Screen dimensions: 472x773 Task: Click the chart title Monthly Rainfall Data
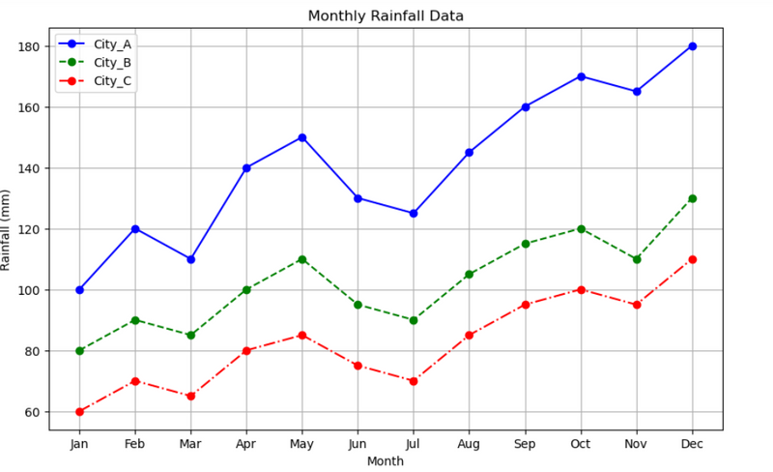tap(386, 16)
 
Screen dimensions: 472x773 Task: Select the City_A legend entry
tap(110, 44)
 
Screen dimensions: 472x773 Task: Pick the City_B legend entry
tap(110, 63)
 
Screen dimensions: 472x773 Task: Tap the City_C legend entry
tap(110, 81)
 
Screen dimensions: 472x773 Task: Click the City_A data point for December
tap(692, 46)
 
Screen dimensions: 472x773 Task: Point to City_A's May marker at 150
tap(302, 137)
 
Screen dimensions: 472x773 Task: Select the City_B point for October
tap(581, 229)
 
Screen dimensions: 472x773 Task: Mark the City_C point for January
tap(79, 412)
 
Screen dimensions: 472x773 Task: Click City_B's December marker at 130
tap(692, 198)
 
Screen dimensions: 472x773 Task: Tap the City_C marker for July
tap(414, 381)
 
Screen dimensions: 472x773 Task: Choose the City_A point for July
tap(414, 214)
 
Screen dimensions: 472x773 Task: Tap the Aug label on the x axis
tap(470, 443)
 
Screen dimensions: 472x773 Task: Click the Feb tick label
tap(135, 443)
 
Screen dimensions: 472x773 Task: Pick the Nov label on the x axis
tap(637, 443)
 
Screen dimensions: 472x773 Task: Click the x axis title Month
tap(386, 461)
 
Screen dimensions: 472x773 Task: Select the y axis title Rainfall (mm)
tap(8, 229)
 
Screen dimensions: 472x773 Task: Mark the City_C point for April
tap(246, 351)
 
